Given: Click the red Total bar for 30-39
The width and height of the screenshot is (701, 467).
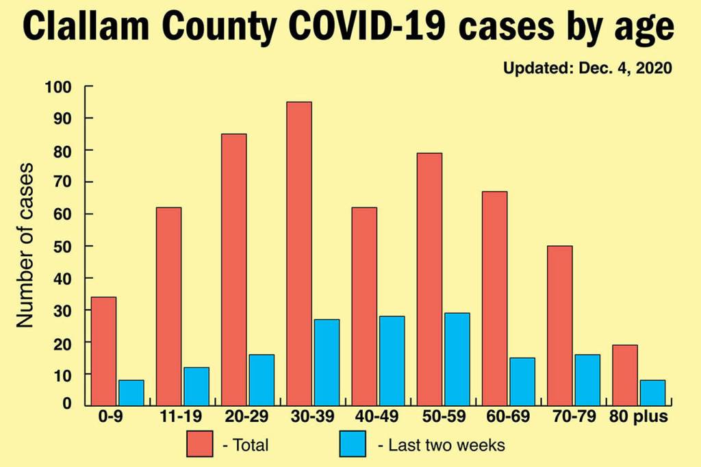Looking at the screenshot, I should [x=299, y=253].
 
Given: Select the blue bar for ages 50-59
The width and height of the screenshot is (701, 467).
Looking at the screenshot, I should [x=456, y=359].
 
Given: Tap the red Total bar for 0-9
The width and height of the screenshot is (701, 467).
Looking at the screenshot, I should [x=104, y=351].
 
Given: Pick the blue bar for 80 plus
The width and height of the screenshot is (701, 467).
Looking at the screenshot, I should [x=652, y=392].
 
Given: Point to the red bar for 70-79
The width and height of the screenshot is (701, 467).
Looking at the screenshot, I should [x=559, y=325].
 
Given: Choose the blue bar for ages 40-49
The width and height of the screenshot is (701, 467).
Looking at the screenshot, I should [x=392, y=360].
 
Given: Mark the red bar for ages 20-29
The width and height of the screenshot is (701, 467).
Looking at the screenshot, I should [x=234, y=269].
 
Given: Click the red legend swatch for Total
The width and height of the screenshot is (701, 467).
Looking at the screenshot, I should [x=201, y=445].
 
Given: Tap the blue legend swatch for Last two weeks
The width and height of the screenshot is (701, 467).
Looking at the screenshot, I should [x=353, y=445].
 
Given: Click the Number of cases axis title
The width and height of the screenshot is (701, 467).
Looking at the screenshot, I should [x=25, y=245].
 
